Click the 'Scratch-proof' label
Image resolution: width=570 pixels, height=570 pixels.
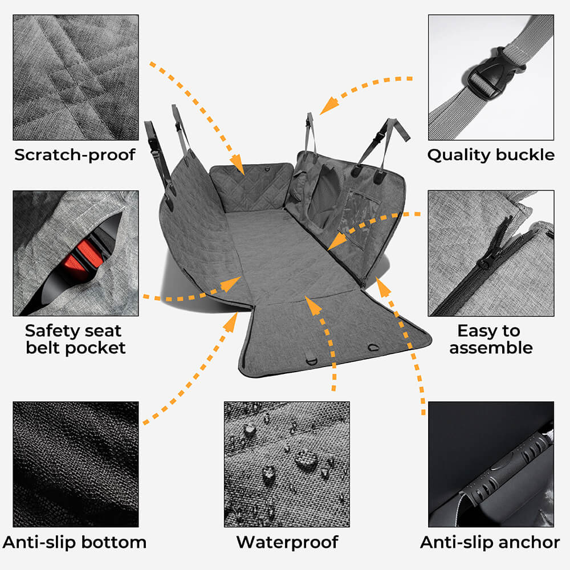[75, 155]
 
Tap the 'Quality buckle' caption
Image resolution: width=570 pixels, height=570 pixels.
[491, 155]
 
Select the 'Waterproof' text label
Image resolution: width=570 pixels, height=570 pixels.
[287, 542]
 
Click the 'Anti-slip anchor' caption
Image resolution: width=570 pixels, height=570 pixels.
[490, 542]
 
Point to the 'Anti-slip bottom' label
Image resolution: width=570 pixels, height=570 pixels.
[75, 542]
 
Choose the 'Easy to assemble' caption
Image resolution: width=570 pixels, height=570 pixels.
[491, 339]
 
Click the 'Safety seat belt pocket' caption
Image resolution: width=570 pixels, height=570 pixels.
[76, 339]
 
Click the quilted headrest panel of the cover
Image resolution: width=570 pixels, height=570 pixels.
[251, 186]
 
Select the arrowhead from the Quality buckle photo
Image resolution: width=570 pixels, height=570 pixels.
[329, 105]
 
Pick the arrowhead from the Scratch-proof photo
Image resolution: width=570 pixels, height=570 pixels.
[237, 164]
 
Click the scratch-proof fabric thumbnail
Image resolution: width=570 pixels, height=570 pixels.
[76, 78]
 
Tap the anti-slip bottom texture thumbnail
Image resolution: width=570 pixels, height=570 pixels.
[76, 464]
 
